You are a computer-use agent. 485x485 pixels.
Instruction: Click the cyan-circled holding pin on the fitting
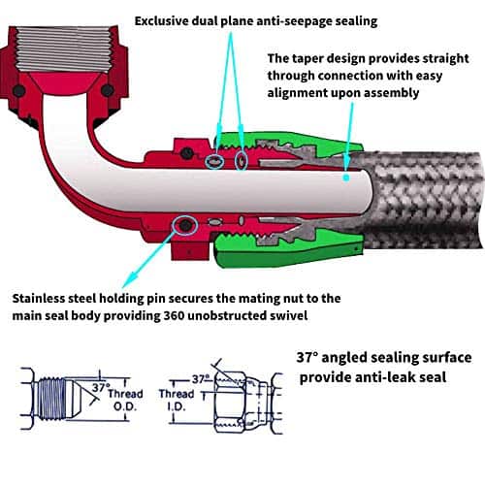click(x=184, y=225)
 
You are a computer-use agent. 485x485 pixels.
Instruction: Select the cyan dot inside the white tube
click(x=346, y=178)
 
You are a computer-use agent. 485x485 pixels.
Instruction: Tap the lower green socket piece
click(x=288, y=250)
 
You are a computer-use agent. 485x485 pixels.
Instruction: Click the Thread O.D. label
click(x=125, y=400)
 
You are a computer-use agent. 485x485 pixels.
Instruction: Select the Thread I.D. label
click(x=177, y=400)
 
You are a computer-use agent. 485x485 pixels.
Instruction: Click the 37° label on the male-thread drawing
click(x=101, y=387)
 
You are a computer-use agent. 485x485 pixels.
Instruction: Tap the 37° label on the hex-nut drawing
click(x=201, y=379)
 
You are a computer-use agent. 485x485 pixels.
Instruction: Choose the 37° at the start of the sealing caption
click(x=307, y=358)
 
